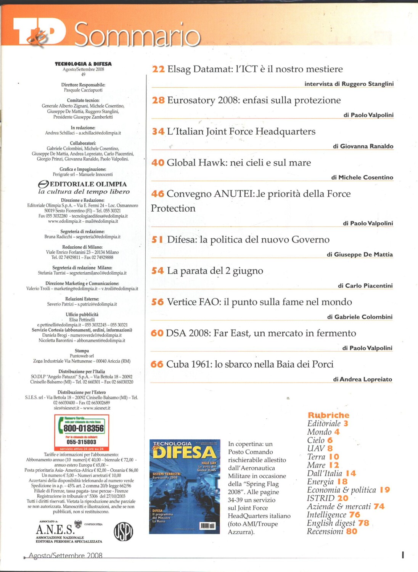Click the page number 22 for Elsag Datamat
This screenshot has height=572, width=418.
pyautogui.click(x=158, y=69)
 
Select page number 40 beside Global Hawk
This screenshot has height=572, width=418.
pyautogui.click(x=158, y=163)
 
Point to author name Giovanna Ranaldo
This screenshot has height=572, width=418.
pyautogui.click(x=367, y=146)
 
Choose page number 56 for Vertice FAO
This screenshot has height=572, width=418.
pyautogui.click(x=158, y=302)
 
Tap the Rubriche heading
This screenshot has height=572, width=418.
pyautogui.click(x=328, y=415)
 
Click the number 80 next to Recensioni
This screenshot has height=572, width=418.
pyautogui.click(x=352, y=531)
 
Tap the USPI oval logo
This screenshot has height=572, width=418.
pyautogui.click(x=123, y=531)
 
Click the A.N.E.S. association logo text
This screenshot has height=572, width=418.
pyautogui.click(x=55, y=530)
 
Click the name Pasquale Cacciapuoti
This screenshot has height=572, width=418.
pyautogui.click(x=83, y=90)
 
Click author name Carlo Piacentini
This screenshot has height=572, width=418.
pyautogui.click(x=368, y=286)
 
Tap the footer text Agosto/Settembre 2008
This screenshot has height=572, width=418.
pyautogui.click(x=66, y=556)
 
